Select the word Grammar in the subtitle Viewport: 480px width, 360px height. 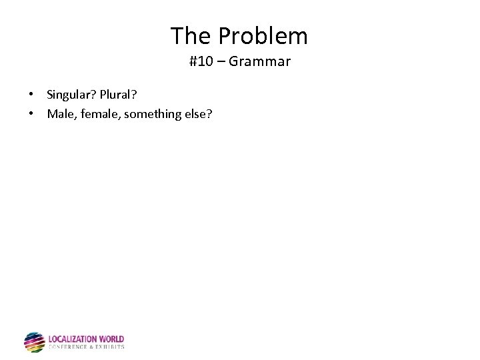click(x=259, y=62)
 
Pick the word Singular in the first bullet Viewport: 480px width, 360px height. click(x=69, y=95)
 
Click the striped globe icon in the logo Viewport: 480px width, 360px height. click(x=34, y=342)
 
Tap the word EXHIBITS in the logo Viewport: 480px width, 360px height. click(x=110, y=347)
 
